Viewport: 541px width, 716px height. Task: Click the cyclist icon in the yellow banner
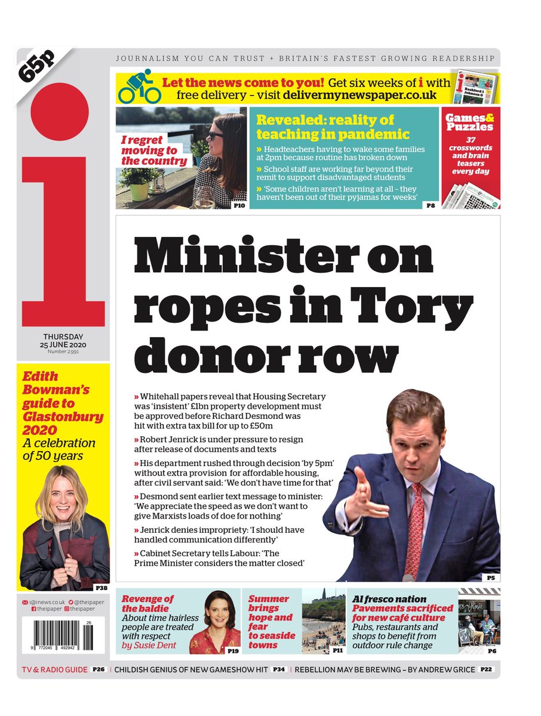coord(139,88)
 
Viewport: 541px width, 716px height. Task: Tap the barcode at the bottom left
coord(56,634)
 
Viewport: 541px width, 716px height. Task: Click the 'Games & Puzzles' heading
coord(469,122)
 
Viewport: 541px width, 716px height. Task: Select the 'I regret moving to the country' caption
coord(155,150)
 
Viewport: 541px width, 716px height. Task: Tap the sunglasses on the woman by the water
coord(216,137)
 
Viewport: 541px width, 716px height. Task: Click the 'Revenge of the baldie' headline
coord(148,603)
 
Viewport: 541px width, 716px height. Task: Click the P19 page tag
coord(232,651)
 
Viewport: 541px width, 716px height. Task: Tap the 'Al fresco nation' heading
coord(389,598)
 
